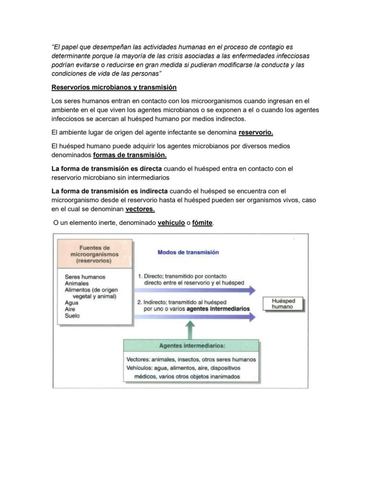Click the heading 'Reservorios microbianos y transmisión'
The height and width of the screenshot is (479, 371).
(114, 87)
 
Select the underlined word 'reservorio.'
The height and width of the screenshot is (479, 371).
(256, 132)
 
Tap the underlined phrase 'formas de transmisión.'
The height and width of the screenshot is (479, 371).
(130, 155)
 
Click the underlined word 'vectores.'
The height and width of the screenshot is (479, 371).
(140, 209)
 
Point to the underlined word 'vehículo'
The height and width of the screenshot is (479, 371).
(171, 223)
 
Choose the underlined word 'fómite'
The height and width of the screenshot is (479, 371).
(202, 223)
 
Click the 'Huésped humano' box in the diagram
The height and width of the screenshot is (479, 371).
(283, 304)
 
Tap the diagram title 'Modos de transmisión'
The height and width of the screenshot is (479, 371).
(188, 252)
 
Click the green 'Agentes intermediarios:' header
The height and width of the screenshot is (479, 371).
(192, 346)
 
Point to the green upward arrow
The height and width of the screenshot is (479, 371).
(191, 331)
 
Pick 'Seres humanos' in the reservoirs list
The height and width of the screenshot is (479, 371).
(85, 277)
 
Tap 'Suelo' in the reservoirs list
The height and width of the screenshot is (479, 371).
(72, 316)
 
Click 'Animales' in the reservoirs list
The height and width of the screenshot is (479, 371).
(77, 283)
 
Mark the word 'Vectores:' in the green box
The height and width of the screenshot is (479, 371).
(138, 360)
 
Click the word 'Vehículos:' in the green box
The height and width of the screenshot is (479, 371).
(140, 368)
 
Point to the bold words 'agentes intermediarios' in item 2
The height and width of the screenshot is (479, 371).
(218, 309)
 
